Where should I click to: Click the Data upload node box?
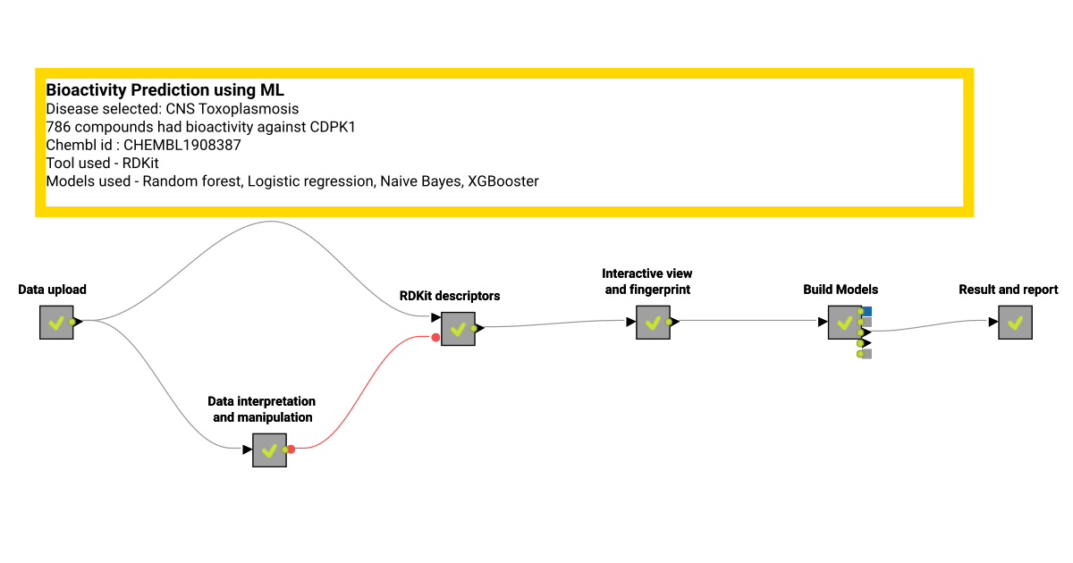coord(56,323)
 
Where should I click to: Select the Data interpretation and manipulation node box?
coord(269,450)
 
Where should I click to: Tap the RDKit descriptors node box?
coord(458,329)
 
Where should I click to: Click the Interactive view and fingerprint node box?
coord(653,323)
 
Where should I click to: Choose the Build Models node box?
coord(844,323)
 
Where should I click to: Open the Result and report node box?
coord(1015,323)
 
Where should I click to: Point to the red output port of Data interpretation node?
coord(291,450)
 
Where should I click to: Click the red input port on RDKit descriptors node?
coord(435,338)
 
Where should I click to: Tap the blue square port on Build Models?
coord(867,311)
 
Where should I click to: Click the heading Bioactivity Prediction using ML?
coord(165,90)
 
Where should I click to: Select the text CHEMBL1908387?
coord(182,145)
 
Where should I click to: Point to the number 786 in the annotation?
coord(57,127)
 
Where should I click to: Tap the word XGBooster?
coord(503,181)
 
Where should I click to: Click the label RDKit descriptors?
coord(450,296)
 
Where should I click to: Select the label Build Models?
coord(841,290)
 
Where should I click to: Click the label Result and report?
coord(1008,290)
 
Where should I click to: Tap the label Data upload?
coord(52,290)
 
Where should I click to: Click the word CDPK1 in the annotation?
coord(334,127)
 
